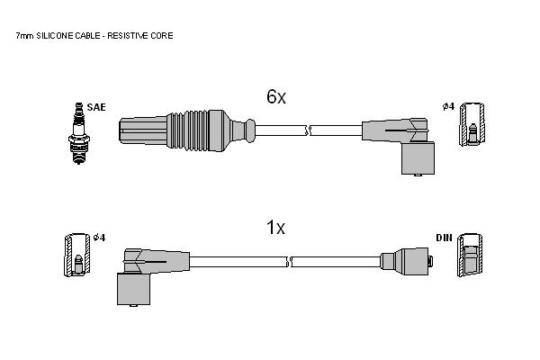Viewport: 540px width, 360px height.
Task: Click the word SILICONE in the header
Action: click(54, 35)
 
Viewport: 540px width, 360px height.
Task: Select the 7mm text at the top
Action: click(25, 36)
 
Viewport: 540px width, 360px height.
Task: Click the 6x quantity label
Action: click(276, 97)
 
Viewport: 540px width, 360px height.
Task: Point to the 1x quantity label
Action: click(276, 227)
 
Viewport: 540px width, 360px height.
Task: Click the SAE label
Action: click(96, 107)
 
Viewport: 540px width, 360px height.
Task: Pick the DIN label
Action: click(444, 238)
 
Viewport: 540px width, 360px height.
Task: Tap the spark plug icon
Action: click(79, 133)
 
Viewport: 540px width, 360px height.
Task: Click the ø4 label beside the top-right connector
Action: click(448, 106)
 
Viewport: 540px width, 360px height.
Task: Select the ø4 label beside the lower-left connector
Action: click(100, 238)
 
